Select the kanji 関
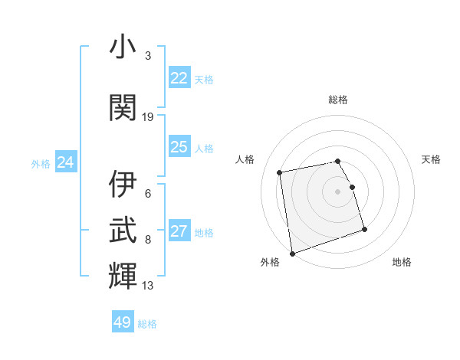point(123,107)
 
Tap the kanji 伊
point(123,185)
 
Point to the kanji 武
point(123,230)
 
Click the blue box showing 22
point(179,78)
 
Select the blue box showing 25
point(179,147)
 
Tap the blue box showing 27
point(179,232)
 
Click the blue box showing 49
point(123,322)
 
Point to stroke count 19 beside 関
point(148,117)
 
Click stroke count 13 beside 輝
point(148,286)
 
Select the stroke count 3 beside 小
point(148,56)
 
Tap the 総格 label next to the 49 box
point(147,324)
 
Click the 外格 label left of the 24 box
point(41,163)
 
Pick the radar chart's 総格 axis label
point(338,100)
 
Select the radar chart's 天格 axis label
point(431,159)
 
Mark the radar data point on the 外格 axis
point(292,253)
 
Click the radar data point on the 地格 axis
point(364,230)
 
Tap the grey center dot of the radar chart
point(338,191)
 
